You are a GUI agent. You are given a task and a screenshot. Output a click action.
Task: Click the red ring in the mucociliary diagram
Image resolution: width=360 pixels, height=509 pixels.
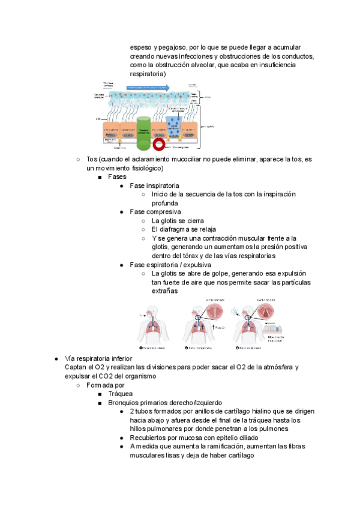(x=159, y=144)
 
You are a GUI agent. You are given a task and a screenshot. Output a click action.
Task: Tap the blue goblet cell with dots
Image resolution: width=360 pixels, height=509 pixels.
(x=174, y=127)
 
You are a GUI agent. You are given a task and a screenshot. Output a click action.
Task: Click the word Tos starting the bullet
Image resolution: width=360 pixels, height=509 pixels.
(x=92, y=159)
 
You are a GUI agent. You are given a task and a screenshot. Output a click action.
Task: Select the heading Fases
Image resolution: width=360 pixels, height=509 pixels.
(x=117, y=177)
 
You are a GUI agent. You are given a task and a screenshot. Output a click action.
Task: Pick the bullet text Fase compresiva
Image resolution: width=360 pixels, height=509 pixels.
(x=155, y=212)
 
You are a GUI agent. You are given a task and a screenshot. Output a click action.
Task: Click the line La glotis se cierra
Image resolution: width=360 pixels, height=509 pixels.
(x=178, y=220)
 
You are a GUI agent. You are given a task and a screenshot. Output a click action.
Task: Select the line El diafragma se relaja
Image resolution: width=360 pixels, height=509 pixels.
(x=184, y=229)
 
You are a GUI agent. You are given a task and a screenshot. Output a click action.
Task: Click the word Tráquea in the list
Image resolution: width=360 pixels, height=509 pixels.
(x=121, y=394)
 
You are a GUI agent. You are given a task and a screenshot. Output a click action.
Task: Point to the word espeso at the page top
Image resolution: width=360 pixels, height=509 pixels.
(x=140, y=47)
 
